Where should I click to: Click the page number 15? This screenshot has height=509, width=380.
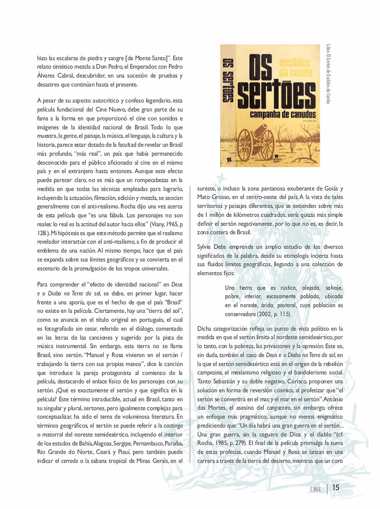click(x=336, y=487)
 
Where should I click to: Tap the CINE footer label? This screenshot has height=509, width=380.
click(x=316, y=489)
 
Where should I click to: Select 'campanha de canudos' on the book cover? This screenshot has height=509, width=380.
click(x=283, y=114)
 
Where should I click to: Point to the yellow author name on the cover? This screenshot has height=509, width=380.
click(x=295, y=67)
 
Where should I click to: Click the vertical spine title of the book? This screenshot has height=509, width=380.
click(x=228, y=80)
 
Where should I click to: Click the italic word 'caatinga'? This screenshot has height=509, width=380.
click(x=173, y=425)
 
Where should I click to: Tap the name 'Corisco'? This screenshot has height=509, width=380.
click(x=297, y=382)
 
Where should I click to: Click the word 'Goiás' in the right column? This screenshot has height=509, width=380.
click(x=330, y=189)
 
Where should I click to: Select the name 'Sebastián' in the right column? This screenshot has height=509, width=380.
click(x=229, y=382)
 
